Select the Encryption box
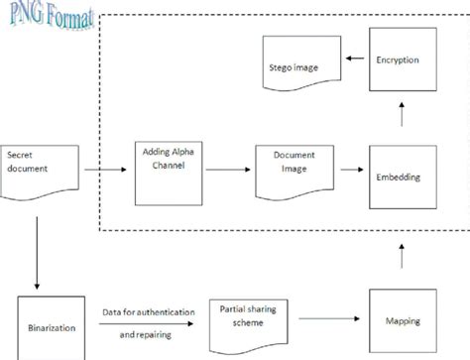pyautogui.click(x=399, y=59)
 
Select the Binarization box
pyautogui.click(x=47, y=324)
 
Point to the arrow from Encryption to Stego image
pyautogui.click(x=352, y=60)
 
